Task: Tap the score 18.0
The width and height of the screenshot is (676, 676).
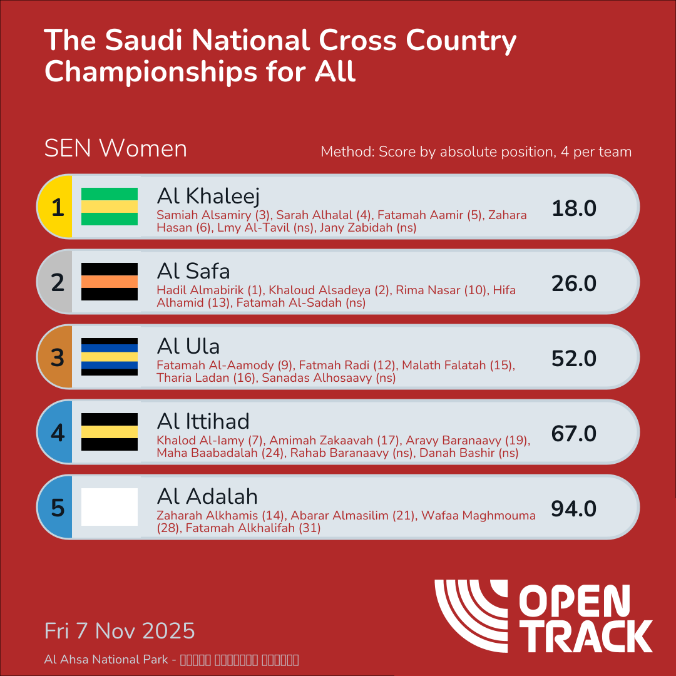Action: (x=574, y=208)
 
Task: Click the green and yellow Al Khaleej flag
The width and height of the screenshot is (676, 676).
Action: (x=110, y=207)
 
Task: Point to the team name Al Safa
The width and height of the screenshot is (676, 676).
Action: (x=193, y=271)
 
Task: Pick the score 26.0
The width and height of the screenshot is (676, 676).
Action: (x=574, y=284)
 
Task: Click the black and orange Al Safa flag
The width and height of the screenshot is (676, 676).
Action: (x=110, y=282)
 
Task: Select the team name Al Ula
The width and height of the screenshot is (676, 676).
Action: (x=188, y=346)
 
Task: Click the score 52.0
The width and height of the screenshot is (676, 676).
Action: (x=574, y=359)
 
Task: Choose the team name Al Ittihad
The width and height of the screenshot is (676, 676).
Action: (x=203, y=421)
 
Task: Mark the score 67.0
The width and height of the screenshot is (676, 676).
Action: (x=574, y=434)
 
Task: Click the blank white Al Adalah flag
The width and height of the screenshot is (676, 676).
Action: (x=110, y=507)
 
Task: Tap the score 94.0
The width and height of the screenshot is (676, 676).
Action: (x=574, y=509)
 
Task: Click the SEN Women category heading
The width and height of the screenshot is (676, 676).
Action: (x=116, y=149)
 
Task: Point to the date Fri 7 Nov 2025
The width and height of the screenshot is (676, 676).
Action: (x=120, y=630)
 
